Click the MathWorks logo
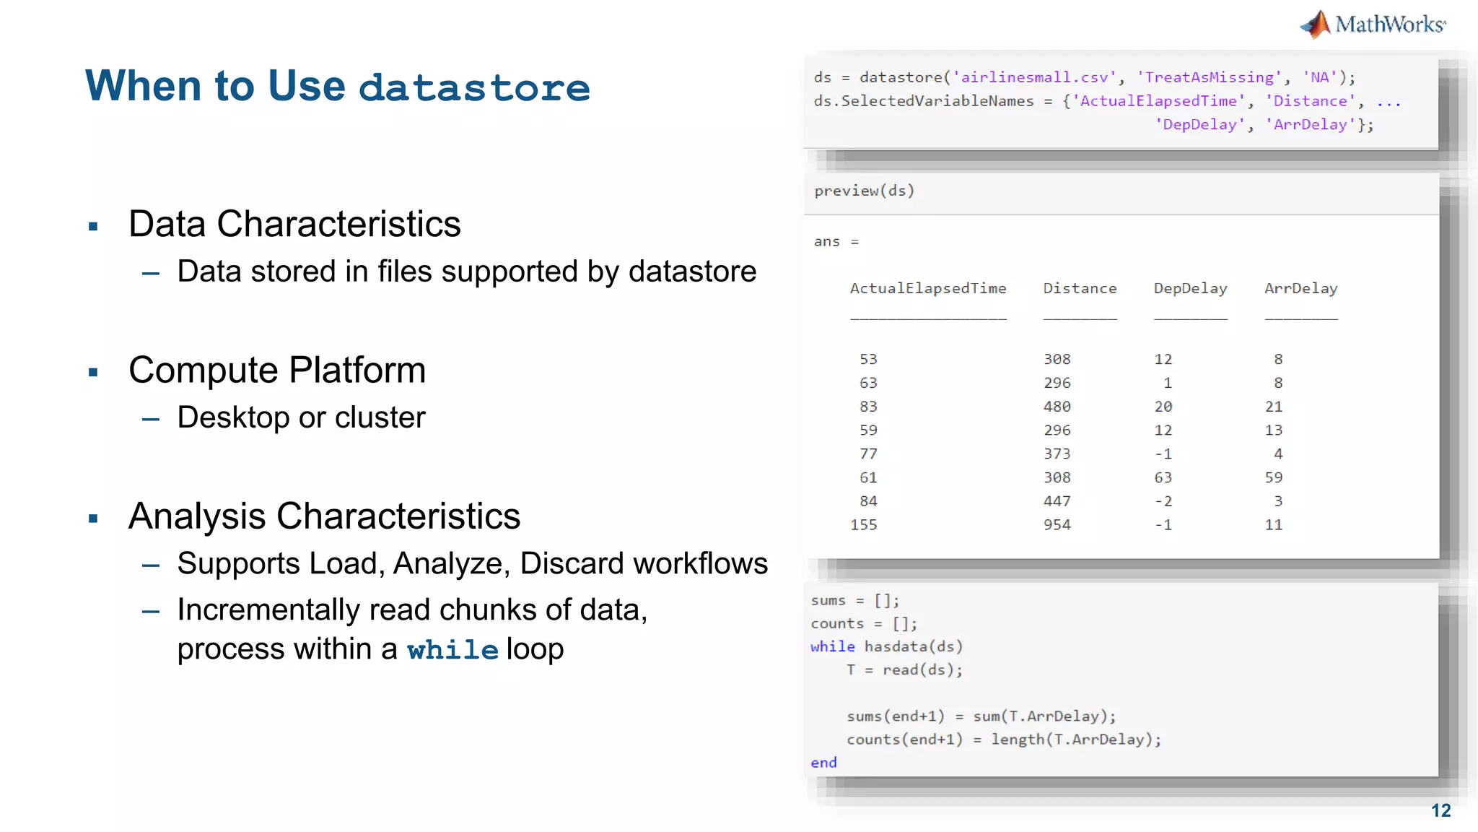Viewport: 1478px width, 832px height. coord(1373,25)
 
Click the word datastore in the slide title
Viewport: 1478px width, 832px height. coord(474,87)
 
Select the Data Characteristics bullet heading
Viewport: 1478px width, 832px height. coord(294,224)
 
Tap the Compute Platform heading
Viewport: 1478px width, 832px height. coord(277,370)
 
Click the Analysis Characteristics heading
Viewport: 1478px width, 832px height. coord(324,516)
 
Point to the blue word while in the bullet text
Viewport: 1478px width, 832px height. coord(452,650)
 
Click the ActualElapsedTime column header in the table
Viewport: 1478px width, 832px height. coord(927,289)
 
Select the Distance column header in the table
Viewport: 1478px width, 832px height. coord(1080,289)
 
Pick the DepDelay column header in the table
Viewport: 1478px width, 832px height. coord(1190,289)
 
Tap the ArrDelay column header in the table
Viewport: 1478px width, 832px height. coord(1300,289)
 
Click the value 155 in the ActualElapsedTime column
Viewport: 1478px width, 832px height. coord(864,525)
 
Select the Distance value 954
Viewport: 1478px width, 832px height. coord(1057,525)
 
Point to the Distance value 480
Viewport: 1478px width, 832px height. coord(1057,407)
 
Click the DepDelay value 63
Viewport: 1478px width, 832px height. coord(1163,477)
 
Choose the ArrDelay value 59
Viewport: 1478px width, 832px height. coord(1273,477)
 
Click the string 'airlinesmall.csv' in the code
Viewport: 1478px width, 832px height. coord(1034,77)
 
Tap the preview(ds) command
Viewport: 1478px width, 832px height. coord(864,191)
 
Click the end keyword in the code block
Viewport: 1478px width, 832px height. coord(823,763)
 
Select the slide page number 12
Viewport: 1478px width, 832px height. coord(1440,810)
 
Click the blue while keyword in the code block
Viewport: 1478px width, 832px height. coord(832,646)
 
